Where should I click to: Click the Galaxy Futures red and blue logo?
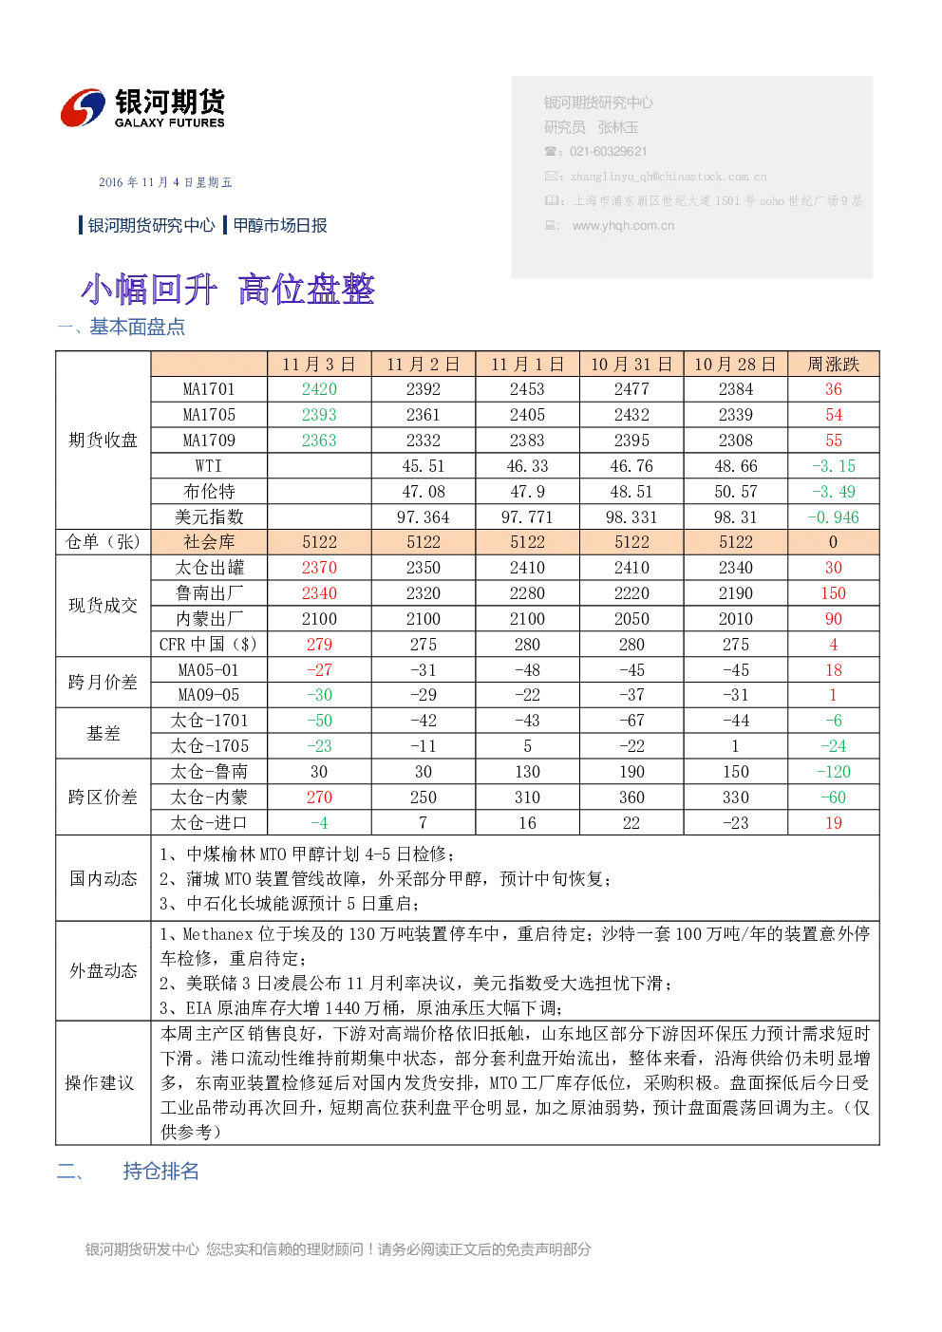83,107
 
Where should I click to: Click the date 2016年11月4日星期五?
164,182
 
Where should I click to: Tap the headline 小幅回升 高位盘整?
228,290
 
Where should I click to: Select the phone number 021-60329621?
608,152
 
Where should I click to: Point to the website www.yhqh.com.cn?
623,225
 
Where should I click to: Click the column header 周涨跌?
833,364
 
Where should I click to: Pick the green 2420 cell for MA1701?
319,389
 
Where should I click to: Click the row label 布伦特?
209,492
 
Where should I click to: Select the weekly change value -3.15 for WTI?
833,466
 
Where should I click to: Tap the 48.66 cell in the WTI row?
736,466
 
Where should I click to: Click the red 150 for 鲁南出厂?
833,593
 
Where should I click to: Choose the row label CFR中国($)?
208,645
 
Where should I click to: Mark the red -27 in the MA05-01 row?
319,670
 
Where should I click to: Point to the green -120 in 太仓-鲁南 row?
833,772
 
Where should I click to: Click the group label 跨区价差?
103,797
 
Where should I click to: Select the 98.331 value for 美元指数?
631,517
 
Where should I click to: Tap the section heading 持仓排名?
160,1172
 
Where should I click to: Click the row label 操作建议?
100,1083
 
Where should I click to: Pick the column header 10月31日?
631,364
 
